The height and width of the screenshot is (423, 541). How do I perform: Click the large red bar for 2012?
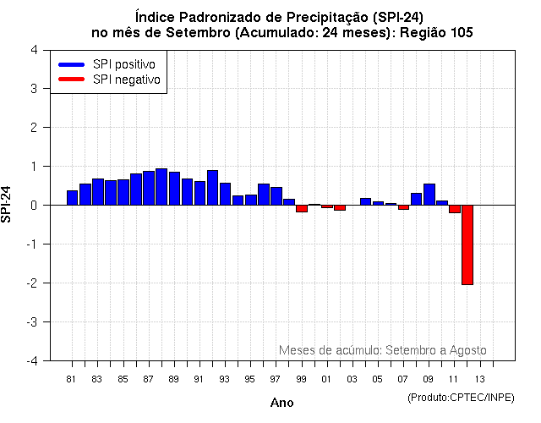coord(467,244)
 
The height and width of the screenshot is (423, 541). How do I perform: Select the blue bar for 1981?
coord(72,198)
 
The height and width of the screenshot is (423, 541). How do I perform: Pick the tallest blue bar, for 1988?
coord(161,187)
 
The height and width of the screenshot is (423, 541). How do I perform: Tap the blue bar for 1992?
coord(212,188)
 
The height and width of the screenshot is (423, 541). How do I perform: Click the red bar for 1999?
coord(302,208)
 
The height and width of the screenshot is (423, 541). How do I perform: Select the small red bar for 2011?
coord(455,209)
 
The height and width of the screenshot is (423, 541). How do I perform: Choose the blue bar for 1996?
coord(264,195)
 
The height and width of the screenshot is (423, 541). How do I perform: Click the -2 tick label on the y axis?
coord(30,283)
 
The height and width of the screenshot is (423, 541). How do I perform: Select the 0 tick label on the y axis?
coord(33,206)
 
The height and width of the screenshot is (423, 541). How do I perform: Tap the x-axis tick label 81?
coord(72,378)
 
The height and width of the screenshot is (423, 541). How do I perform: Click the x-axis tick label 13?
coord(479,378)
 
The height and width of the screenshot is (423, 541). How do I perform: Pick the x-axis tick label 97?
coord(276,378)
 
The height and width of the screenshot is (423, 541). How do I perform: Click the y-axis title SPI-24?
coord(8,205)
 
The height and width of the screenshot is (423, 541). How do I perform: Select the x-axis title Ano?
coord(281,403)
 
